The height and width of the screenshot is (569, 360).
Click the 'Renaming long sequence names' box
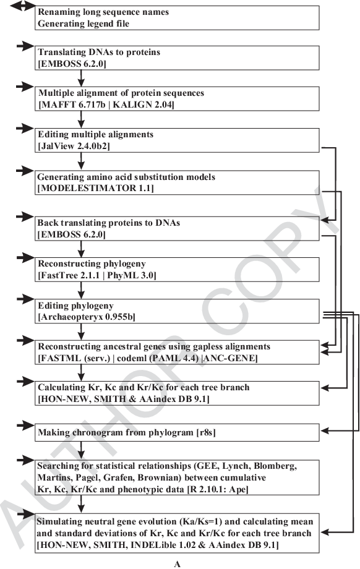(177, 18)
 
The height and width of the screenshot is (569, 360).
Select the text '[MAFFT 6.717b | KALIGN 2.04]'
(106, 105)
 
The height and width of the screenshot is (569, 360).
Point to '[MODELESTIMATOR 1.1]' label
(95, 189)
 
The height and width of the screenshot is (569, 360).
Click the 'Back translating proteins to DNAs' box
(177, 229)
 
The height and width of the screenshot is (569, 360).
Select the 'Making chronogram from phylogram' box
(177, 432)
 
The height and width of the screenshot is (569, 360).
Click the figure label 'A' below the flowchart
(177, 564)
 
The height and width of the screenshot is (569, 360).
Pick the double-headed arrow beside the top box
(22, 6)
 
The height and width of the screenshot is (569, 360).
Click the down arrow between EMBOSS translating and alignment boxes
(81, 78)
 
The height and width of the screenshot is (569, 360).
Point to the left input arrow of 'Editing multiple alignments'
(25, 128)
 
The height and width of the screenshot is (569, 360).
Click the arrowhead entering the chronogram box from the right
(324, 430)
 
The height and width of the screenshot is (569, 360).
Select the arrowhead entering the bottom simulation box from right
(324, 533)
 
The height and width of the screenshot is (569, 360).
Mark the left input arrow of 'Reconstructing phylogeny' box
(25, 258)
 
